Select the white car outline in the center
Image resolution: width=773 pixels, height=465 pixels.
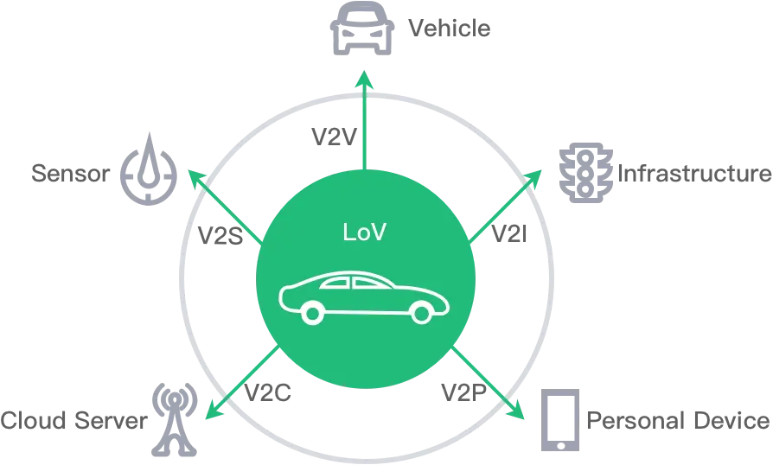click(366, 298)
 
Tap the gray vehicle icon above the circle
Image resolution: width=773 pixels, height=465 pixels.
click(361, 28)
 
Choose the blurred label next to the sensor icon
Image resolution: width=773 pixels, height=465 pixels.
click(69, 174)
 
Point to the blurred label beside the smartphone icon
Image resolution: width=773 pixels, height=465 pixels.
click(677, 421)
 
